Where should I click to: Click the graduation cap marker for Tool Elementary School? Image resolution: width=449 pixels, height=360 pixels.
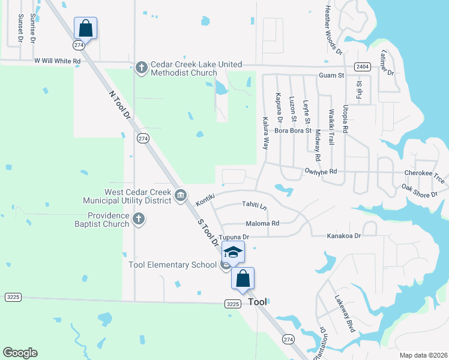coord(234,252)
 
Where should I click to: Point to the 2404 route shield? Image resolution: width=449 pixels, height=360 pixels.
coord(362,67)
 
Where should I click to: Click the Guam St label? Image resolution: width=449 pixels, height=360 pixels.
coord(331,76)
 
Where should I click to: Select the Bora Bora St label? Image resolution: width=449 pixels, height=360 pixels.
coord(293,130)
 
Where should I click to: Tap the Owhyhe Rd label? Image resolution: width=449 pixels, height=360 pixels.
coord(321,171)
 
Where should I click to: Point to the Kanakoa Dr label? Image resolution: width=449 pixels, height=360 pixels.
coord(344,236)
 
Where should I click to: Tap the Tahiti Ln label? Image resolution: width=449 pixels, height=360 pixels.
coord(254,205)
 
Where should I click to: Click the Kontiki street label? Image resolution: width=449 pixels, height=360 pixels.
coord(206,200)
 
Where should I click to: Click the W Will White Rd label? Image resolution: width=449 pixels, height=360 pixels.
coord(58,61)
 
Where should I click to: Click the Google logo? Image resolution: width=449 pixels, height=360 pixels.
coord(20,352)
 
